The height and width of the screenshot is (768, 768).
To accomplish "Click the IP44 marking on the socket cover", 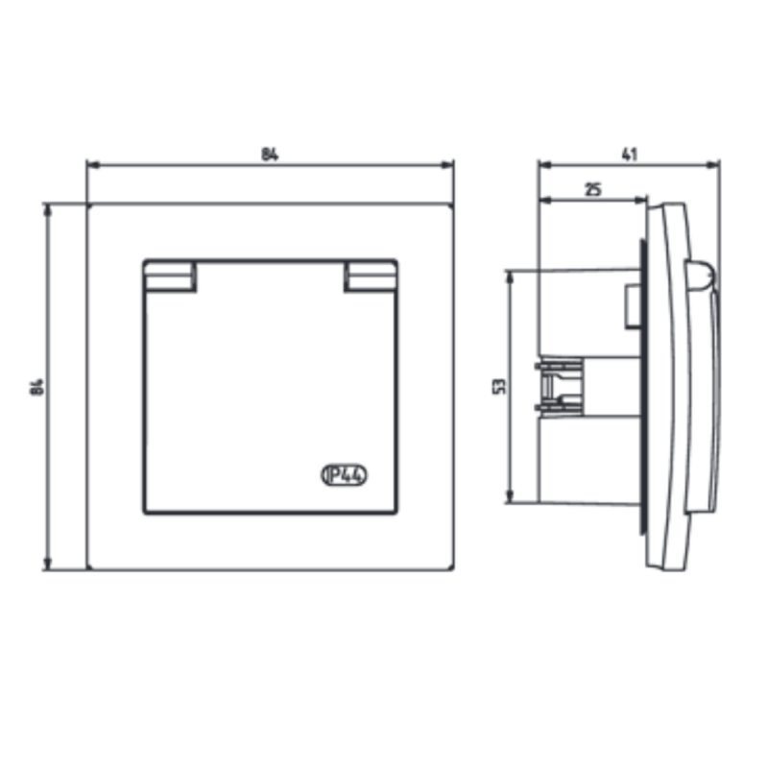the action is coord(345,475).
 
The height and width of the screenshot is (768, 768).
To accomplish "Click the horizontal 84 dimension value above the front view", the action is coord(270,155).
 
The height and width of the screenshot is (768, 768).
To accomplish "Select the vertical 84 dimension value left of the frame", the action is coord(37,387).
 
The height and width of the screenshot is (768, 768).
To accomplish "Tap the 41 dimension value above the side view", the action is coord(630,155).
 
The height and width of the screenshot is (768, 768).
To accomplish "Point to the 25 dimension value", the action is coord(593,189).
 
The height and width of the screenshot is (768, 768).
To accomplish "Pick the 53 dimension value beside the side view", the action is coord(499,386).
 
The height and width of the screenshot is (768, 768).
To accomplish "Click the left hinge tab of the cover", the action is coord(170,276).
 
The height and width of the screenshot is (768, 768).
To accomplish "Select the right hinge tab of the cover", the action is coord(371,276).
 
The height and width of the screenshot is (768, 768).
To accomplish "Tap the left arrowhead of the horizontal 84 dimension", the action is coord(93,165).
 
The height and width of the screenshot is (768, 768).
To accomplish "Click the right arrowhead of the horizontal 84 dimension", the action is coord(447,165).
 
